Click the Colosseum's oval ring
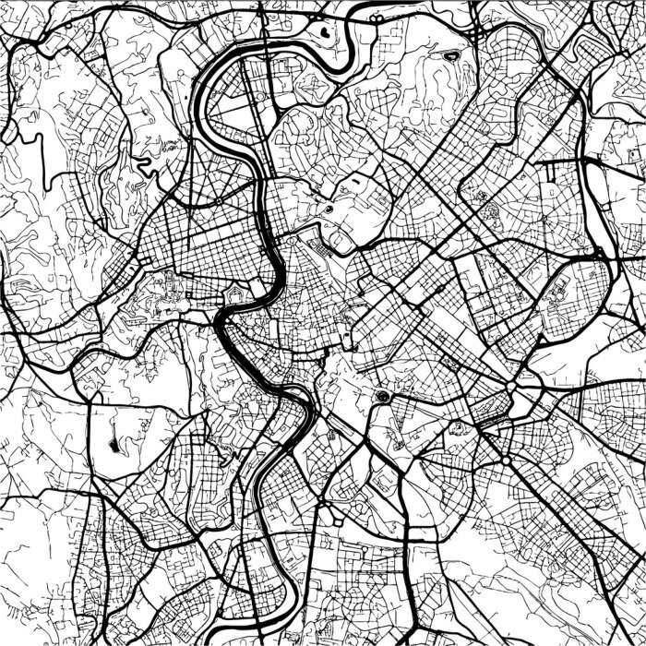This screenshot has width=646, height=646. (x=381, y=397)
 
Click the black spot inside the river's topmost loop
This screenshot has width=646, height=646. (x=326, y=31)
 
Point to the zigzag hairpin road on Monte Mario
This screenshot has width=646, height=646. (x=143, y=166)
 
